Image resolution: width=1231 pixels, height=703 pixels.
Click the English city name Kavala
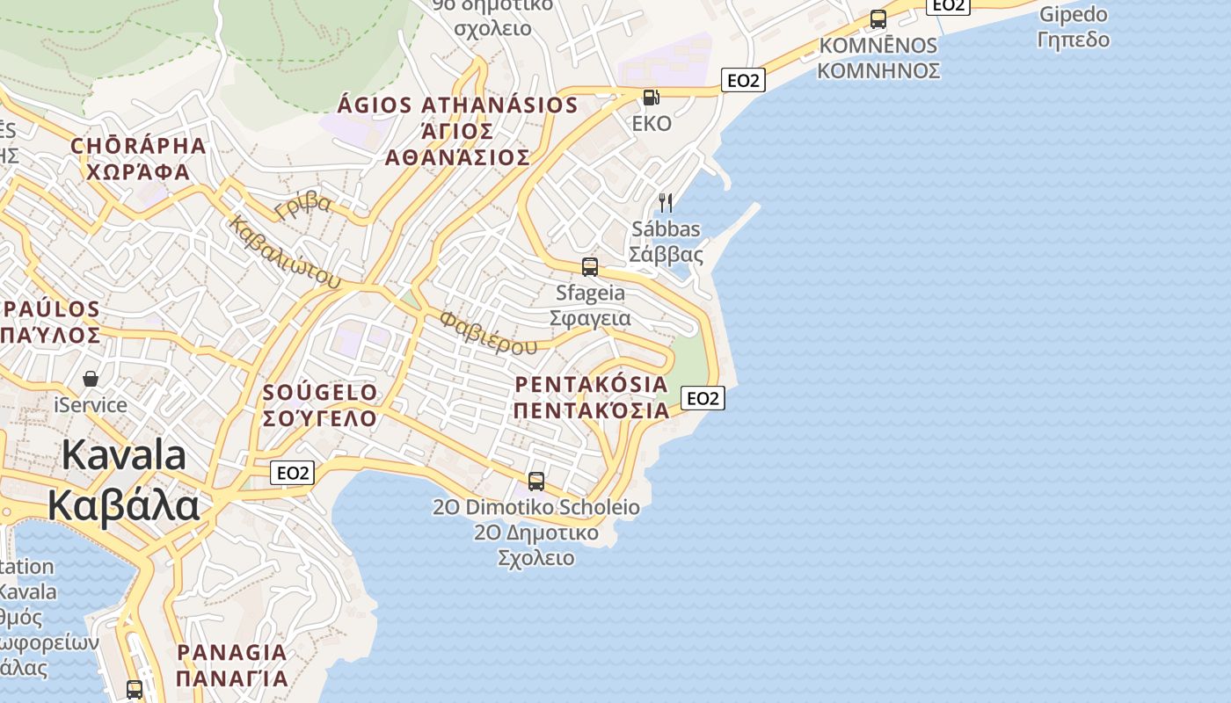pos(123,456)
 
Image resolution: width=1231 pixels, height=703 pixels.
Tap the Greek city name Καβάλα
pos(123,506)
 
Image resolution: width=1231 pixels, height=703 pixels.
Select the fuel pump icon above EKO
pos(651,97)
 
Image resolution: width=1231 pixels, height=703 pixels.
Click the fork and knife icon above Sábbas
pos(666,203)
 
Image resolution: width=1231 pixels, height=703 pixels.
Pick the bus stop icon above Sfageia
pos(590,266)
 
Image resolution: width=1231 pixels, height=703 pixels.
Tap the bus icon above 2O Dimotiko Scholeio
pos(535,481)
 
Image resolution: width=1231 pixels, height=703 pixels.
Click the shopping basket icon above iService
pos(90,379)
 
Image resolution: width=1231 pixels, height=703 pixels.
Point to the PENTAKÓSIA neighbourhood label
pos(591,384)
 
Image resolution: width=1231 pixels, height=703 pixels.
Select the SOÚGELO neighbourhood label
pos(320,392)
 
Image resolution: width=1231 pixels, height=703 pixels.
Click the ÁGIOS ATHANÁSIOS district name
pos(457,105)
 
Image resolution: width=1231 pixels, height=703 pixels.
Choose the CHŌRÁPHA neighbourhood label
pos(138,146)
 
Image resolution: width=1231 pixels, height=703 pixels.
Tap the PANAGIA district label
pos(232,653)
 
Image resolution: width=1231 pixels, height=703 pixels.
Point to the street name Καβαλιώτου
pos(283,252)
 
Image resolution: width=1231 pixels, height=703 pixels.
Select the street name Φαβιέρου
pos(488,332)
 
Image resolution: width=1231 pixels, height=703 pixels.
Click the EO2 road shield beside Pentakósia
pos(703,398)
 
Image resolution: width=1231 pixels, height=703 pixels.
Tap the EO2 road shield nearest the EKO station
pos(743,80)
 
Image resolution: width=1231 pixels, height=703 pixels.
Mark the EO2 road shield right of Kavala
pos(293,473)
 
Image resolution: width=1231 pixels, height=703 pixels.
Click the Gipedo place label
pos(1073,15)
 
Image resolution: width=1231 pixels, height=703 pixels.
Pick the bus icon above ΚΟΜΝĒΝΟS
pos(878,18)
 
